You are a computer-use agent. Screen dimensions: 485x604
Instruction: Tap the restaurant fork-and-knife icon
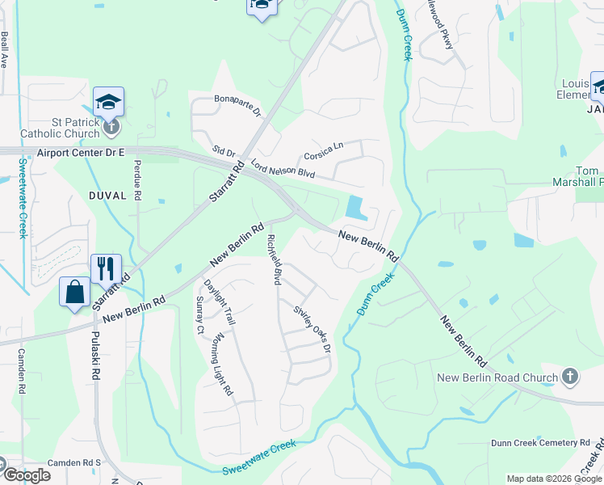point(106,268)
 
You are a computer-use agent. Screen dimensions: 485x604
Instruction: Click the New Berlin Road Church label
point(497,377)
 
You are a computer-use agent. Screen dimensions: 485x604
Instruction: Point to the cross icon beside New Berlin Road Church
point(570,377)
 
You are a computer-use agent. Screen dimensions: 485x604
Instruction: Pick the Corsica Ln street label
point(323,150)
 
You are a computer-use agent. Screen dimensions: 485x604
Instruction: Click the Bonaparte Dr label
point(238,105)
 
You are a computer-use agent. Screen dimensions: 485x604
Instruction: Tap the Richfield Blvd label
point(275,260)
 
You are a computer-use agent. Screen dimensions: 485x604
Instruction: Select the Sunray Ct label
point(199,315)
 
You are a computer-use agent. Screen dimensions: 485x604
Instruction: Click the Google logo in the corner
point(26,475)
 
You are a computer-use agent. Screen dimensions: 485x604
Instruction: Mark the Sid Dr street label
point(224,151)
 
